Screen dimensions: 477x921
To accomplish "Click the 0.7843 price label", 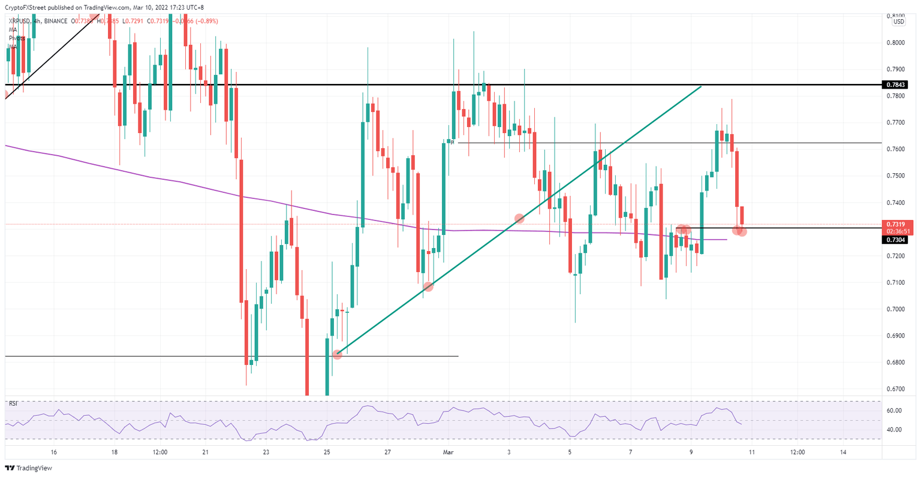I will tap(895, 85).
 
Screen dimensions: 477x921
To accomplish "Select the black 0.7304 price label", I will tap(895, 240).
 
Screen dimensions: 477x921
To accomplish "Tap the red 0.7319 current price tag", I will tap(895, 224).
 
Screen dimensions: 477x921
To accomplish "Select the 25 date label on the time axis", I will tap(327, 452).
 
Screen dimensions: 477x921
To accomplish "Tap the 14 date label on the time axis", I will tap(844, 452).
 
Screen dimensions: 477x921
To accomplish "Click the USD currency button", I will tap(898, 22).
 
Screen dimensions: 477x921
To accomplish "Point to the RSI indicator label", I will tap(13, 403).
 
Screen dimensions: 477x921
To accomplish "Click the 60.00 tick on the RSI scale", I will tap(893, 410).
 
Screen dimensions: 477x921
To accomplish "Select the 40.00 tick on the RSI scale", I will tap(893, 430).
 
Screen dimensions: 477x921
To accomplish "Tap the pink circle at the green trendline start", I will tap(338, 354).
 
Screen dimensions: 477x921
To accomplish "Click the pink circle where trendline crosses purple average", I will tap(519, 219).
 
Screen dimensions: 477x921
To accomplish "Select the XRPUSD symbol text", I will tap(20, 21).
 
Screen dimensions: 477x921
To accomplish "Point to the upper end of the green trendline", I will tap(701, 87).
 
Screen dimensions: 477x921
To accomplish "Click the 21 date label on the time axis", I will tap(205, 452).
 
